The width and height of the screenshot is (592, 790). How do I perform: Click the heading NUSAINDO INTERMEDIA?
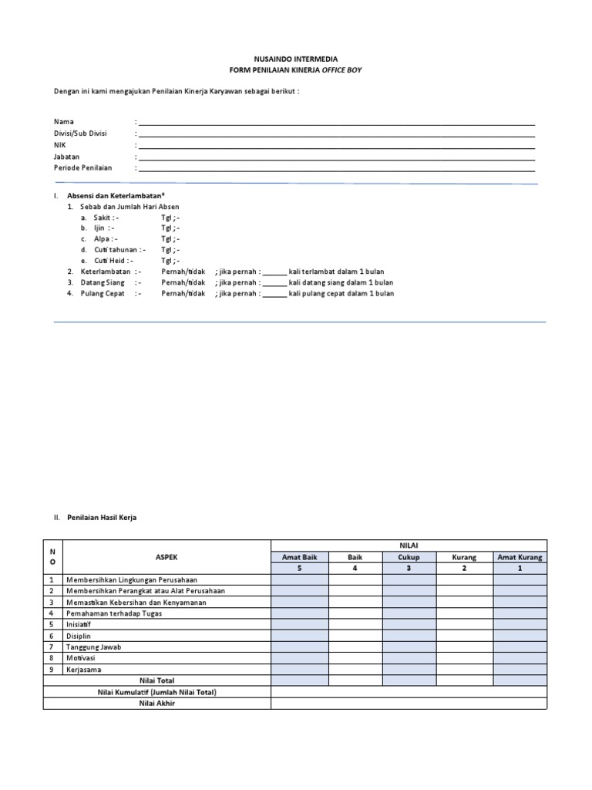click(295, 59)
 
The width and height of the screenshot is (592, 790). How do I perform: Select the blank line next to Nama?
click(336, 122)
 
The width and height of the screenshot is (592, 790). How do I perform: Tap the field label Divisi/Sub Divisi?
click(80, 133)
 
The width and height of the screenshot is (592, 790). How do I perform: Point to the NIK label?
click(60, 145)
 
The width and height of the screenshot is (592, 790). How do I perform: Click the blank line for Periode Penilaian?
click(336, 167)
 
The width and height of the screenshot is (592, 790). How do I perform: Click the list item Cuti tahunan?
click(116, 250)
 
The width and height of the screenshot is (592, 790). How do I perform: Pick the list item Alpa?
click(103, 239)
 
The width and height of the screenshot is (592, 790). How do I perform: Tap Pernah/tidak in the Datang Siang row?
click(183, 282)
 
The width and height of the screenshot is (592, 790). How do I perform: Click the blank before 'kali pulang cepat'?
click(274, 293)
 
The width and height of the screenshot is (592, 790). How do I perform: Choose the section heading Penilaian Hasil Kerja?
click(107, 518)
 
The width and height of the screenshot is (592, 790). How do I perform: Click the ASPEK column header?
click(166, 557)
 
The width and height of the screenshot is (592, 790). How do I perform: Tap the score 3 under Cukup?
click(409, 569)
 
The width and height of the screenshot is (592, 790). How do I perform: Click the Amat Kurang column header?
click(520, 557)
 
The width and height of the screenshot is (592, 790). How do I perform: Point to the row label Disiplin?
click(79, 636)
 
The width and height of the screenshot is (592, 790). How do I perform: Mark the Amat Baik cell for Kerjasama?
click(299, 670)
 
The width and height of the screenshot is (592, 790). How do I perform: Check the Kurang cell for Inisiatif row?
click(465, 624)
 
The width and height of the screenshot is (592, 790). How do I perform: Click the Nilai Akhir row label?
click(157, 704)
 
